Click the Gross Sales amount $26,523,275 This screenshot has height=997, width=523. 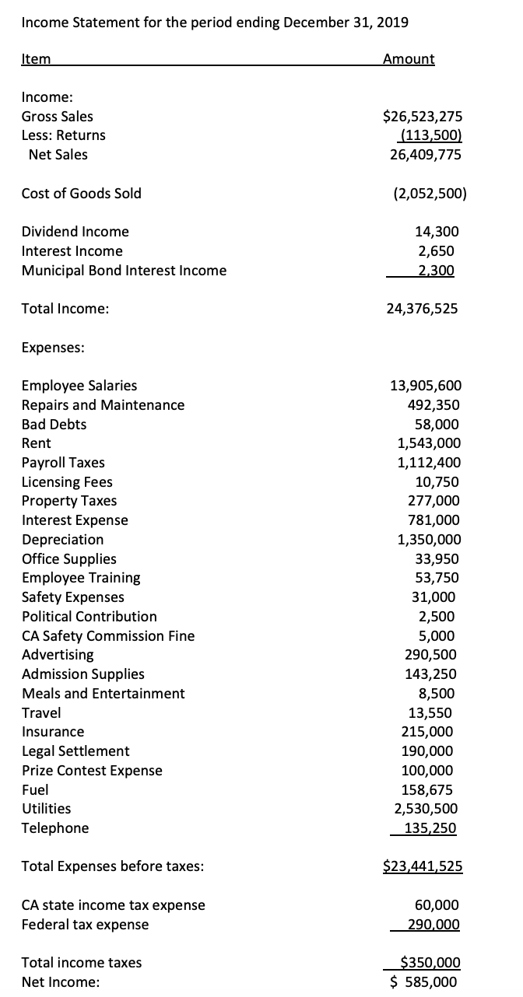click(x=423, y=117)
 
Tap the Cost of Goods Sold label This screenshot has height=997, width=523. click(x=81, y=194)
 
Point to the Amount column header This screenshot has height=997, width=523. click(x=409, y=59)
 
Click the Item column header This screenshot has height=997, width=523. click(x=36, y=59)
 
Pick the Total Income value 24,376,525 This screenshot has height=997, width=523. click(x=422, y=309)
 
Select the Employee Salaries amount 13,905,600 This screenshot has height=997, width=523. click(x=425, y=386)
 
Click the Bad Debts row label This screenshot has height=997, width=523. click(x=54, y=425)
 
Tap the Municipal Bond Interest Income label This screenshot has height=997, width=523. click(x=124, y=271)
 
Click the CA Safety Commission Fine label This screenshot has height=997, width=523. click(x=108, y=636)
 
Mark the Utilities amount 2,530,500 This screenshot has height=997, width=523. click(x=427, y=809)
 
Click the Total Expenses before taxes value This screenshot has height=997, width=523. click(x=423, y=866)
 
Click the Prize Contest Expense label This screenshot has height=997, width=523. click(x=92, y=771)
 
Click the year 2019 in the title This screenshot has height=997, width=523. click(x=391, y=22)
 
